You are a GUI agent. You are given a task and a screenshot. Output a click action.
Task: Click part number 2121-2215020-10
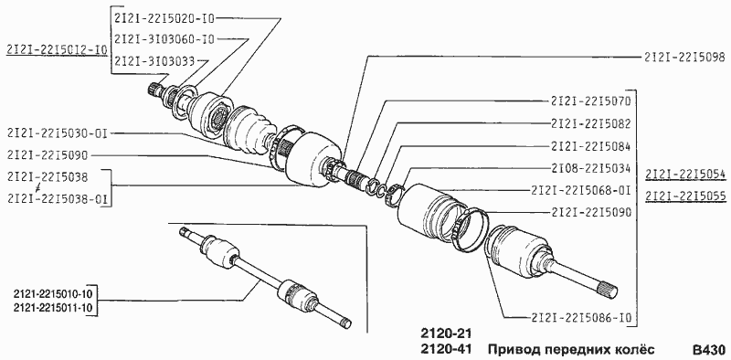coord(164,18)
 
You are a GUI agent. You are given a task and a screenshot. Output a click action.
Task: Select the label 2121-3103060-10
coord(164,39)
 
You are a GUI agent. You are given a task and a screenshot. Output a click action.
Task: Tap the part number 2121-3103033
coord(154,60)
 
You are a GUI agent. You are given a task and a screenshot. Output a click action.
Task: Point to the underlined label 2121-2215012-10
coord(57,49)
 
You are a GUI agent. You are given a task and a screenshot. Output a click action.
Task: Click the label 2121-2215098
coord(684,57)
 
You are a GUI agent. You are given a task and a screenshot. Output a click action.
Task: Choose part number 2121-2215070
coord(590,101)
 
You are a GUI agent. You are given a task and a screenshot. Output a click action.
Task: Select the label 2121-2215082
coord(590,123)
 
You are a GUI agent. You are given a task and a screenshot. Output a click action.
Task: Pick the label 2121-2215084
coord(590,146)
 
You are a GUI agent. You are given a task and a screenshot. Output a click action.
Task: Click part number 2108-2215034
coord(590,168)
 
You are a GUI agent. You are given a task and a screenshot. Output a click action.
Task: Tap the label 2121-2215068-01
coord(581,190)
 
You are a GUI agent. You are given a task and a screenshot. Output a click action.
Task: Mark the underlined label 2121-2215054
coord(685,174)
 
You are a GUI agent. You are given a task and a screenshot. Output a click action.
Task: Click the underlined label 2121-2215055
coord(685,196)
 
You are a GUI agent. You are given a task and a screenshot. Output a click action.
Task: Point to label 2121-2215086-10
coord(581,318)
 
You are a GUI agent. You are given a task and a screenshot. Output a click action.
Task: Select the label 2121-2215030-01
coord(58,133)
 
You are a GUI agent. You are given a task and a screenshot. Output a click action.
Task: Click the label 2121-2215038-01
coord(58,199)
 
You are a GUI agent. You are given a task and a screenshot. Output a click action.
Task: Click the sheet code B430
coord(708,350)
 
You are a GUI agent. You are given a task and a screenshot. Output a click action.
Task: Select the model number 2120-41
coord(446,349)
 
